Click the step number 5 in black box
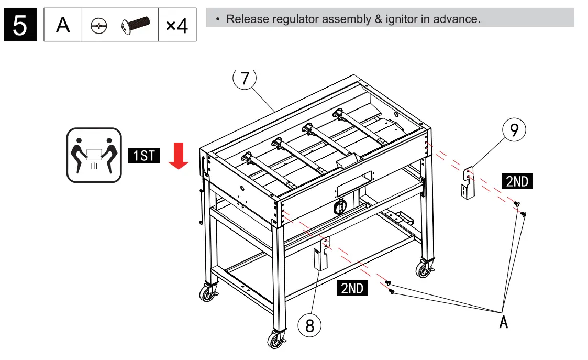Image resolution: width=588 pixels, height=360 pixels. click(x=20, y=25)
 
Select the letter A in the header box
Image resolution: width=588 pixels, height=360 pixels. click(x=63, y=25)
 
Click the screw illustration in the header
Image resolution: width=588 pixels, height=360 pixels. click(x=135, y=24)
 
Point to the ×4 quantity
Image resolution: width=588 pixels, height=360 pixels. click(x=177, y=25)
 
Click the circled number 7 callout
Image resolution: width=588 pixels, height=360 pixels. click(x=245, y=78)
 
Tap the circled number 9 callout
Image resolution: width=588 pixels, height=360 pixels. click(x=514, y=130)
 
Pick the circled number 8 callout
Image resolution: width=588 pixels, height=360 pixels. click(x=309, y=325)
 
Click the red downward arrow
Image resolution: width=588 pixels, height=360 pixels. click(x=179, y=158)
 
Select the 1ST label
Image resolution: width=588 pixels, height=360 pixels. click(x=143, y=156)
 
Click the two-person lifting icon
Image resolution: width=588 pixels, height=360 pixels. click(x=94, y=155)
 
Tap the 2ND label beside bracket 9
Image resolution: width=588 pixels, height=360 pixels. click(x=517, y=181)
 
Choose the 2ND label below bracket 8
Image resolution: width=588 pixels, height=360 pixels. click(x=352, y=288)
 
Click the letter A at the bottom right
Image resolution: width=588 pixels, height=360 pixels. click(x=503, y=321)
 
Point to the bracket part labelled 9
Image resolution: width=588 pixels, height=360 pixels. click(x=468, y=183)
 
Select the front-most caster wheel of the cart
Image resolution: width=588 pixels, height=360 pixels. click(x=275, y=340)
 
